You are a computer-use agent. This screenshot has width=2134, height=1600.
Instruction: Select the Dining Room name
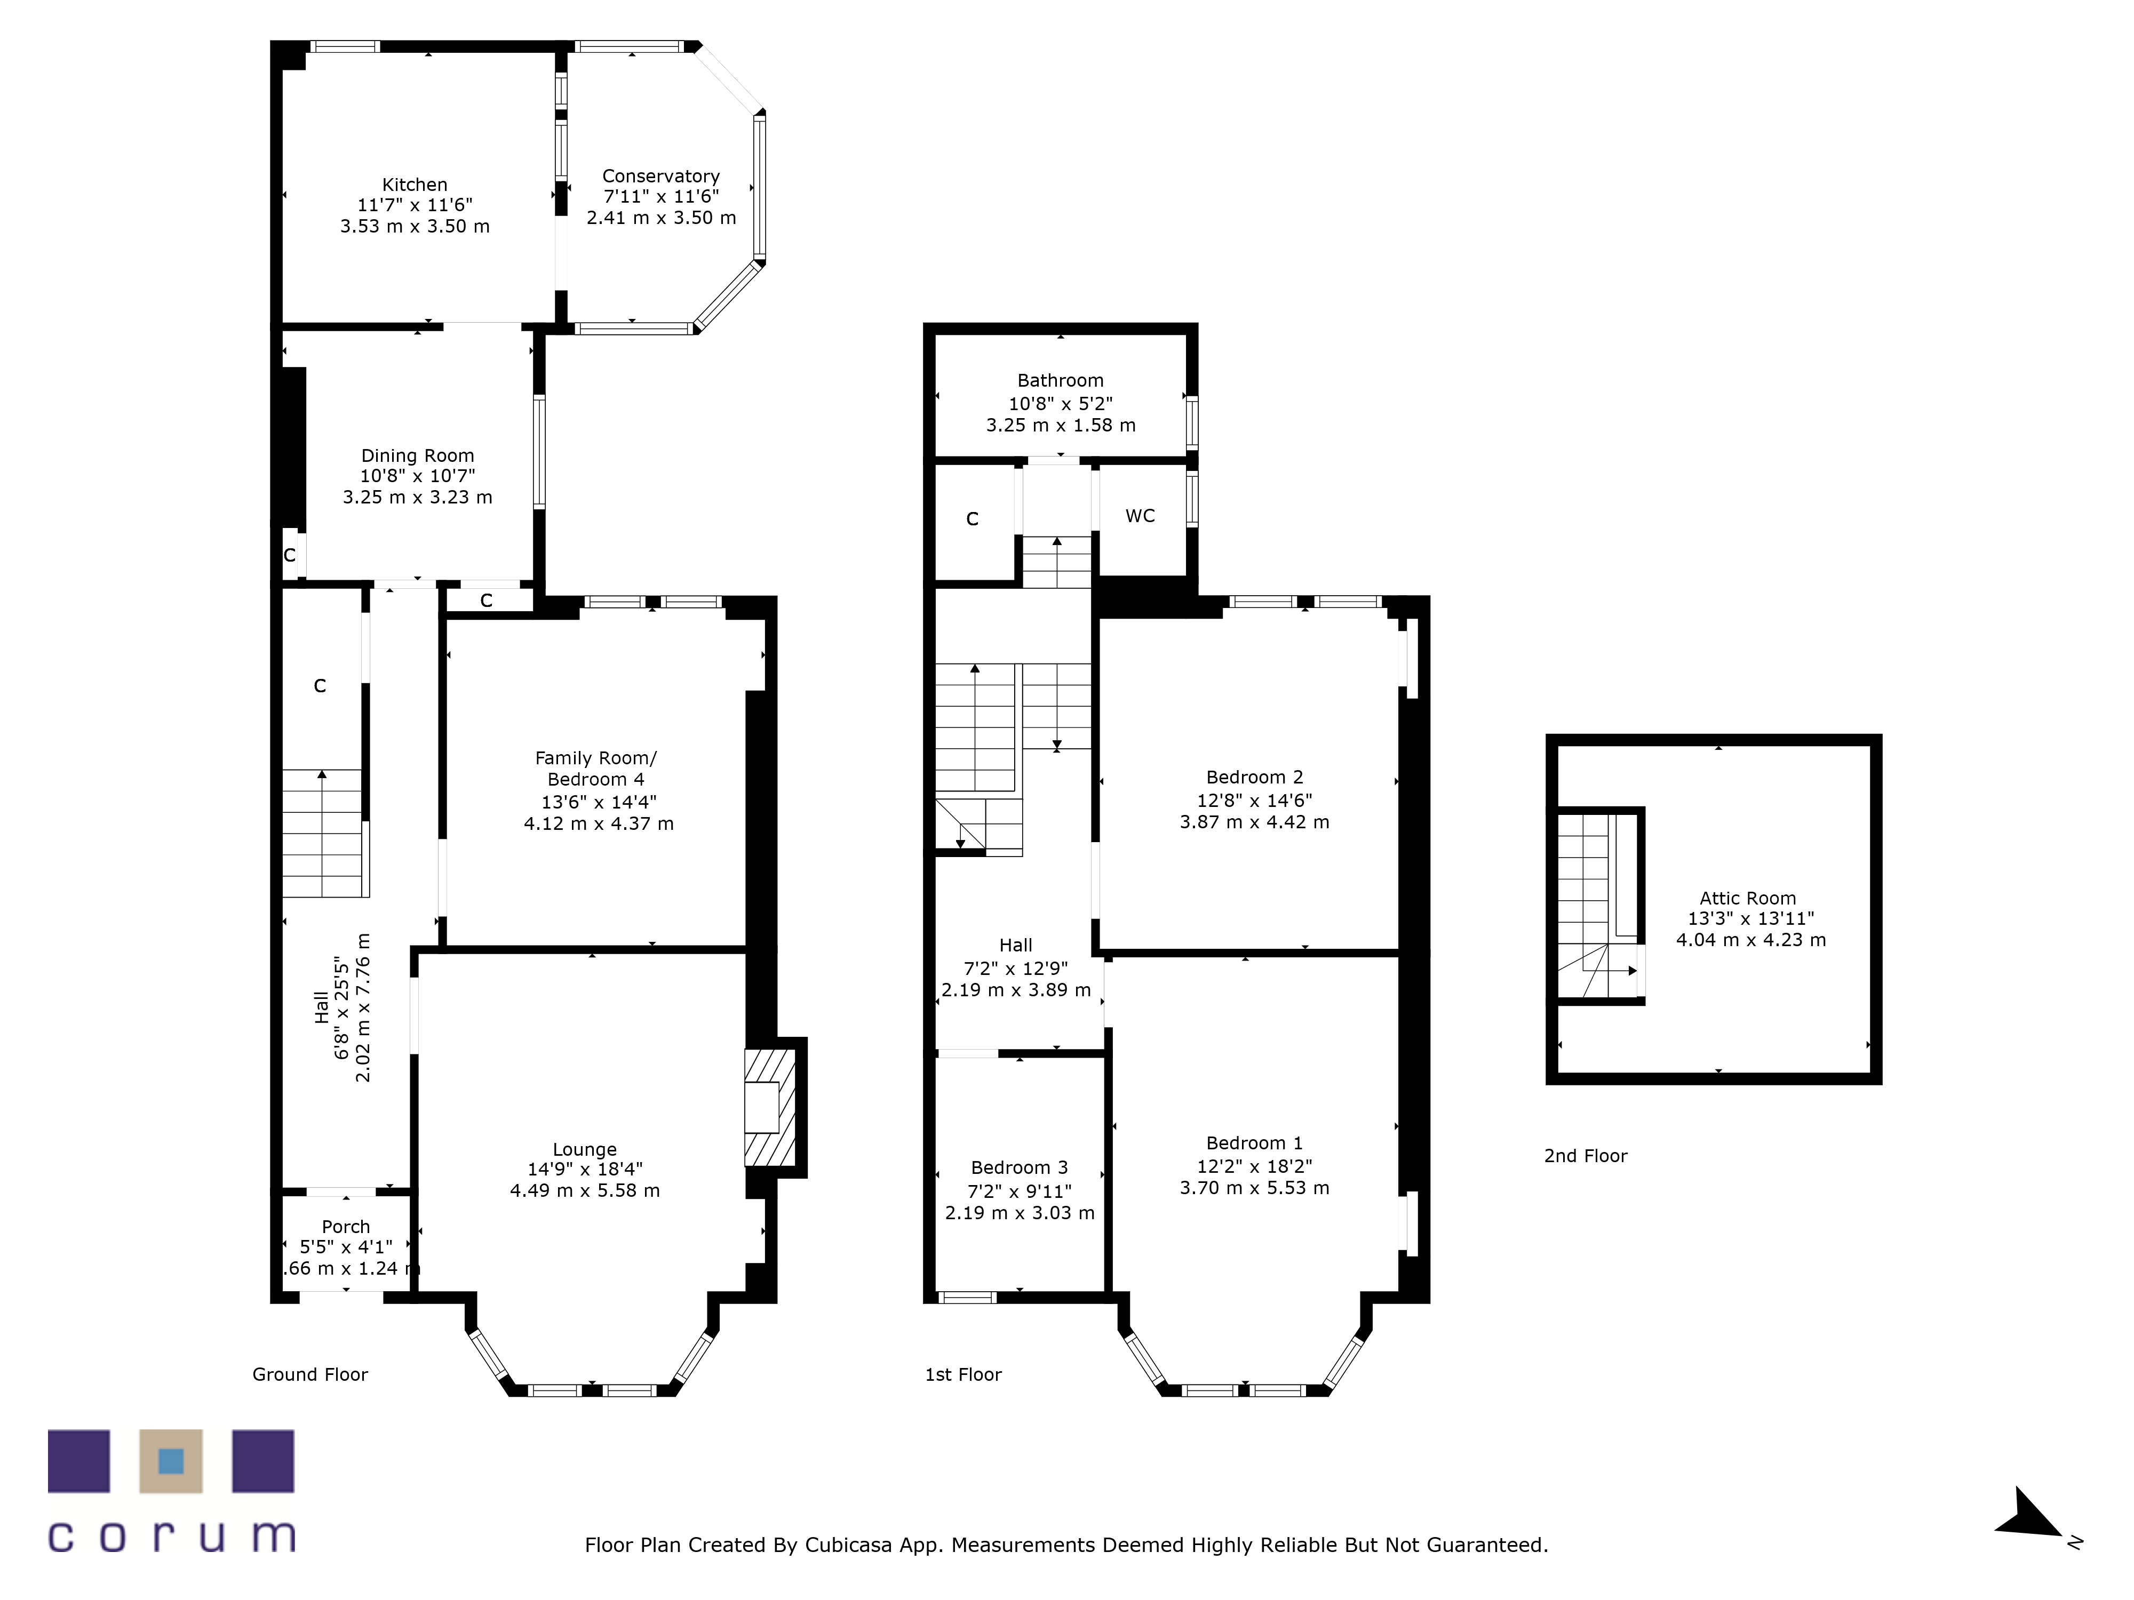tap(418, 456)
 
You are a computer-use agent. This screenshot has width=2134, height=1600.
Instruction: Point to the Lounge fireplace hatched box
tap(770, 1107)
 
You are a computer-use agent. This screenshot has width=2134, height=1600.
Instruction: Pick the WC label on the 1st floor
tap(1140, 516)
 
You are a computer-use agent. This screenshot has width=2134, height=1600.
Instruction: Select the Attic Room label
tap(1748, 898)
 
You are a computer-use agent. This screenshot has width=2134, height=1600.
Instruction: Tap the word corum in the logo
tap(172, 1537)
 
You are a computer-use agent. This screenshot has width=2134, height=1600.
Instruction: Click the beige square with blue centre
tap(171, 1461)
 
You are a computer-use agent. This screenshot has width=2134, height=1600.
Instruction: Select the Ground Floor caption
tap(310, 1374)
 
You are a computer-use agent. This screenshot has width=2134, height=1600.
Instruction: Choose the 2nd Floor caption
tap(1586, 1155)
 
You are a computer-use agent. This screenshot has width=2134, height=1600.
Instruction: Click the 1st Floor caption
tap(964, 1374)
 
